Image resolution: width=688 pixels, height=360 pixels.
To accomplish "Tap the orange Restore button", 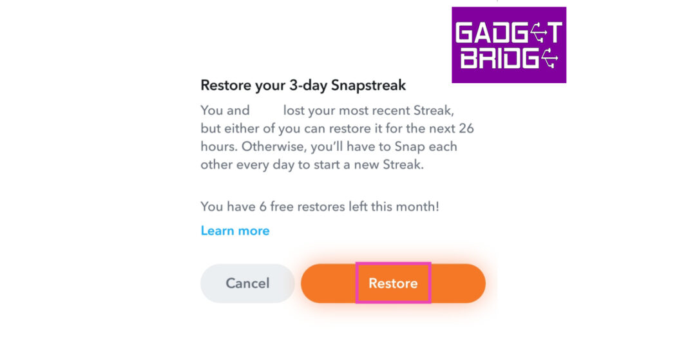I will click(392, 283).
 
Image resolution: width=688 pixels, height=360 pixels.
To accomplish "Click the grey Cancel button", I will click(247, 283).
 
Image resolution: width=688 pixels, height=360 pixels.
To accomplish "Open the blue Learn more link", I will click(235, 231).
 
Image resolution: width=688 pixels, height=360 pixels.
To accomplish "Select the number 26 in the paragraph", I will click(466, 128).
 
